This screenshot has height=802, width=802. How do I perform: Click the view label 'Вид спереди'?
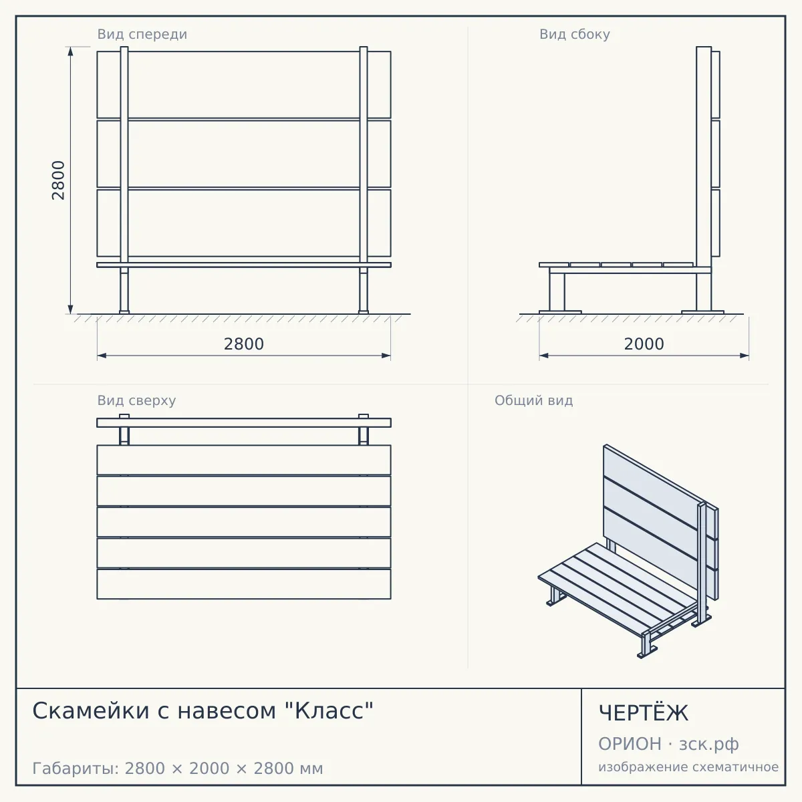pos(142,34)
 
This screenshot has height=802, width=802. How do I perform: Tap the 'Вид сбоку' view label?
pos(574,34)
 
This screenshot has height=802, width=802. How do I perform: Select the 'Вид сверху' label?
pos(136,400)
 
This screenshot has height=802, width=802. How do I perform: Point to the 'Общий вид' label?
pos(533,400)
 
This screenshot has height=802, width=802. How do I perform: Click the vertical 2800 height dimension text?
pos(58,180)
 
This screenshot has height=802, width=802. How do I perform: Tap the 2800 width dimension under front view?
pos(244,344)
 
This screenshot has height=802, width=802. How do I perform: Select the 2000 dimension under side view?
pos(644,344)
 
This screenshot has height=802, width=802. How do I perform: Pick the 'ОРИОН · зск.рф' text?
pos(668,744)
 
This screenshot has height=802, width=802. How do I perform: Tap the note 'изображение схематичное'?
pos(688,767)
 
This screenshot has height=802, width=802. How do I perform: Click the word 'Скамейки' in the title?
pos(91,710)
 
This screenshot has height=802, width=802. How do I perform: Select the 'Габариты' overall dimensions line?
pos(178,768)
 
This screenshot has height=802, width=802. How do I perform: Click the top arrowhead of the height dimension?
pos(70,51)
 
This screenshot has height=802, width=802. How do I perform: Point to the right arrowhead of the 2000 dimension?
pos(744,356)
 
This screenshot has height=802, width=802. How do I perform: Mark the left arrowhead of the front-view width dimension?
pos(102,356)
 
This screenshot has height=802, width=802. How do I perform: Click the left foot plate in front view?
pos(124,311)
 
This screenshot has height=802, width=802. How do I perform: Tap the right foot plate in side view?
pos(702,311)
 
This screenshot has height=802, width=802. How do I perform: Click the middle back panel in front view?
pos(244,154)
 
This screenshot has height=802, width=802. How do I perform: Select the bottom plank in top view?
pos(244,584)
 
